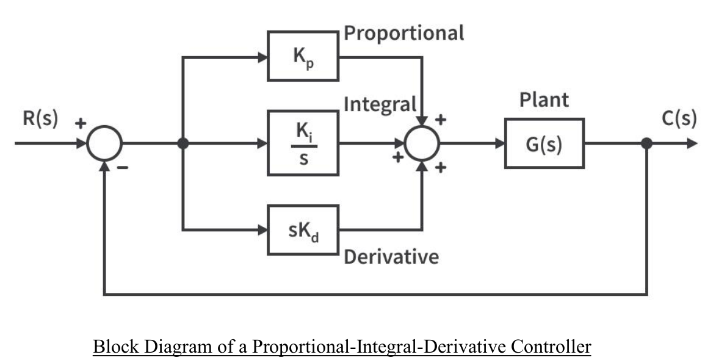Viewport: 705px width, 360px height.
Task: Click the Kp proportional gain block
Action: [x=303, y=56]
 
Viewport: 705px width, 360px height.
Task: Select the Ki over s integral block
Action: [x=303, y=143]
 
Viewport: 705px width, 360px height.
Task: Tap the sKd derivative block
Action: [x=303, y=230]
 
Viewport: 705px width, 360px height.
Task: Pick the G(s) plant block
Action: [x=544, y=143]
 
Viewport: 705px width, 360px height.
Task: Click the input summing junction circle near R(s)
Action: [x=105, y=144]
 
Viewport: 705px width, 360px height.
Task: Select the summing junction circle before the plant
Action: [x=422, y=144]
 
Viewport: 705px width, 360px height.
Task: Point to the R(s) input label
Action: [x=40, y=119]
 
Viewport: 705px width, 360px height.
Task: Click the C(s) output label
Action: [x=679, y=118]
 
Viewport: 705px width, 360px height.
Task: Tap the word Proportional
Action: [x=403, y=33]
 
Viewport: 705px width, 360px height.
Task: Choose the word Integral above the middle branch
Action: [x=380, y=104]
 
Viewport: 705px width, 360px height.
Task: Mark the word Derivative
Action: [x=391, y=257]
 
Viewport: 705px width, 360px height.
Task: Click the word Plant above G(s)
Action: [x=544, y=100]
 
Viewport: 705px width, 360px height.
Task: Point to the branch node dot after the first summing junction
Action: [x=183, y=144]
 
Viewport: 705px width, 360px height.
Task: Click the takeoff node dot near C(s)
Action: [x=647, y=144]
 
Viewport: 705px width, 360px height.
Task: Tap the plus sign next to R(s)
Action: [x=80, y=124]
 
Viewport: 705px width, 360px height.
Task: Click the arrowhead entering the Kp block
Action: [x=263, y=58]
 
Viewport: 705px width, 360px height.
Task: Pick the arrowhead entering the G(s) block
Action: [x=500, y=144]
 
